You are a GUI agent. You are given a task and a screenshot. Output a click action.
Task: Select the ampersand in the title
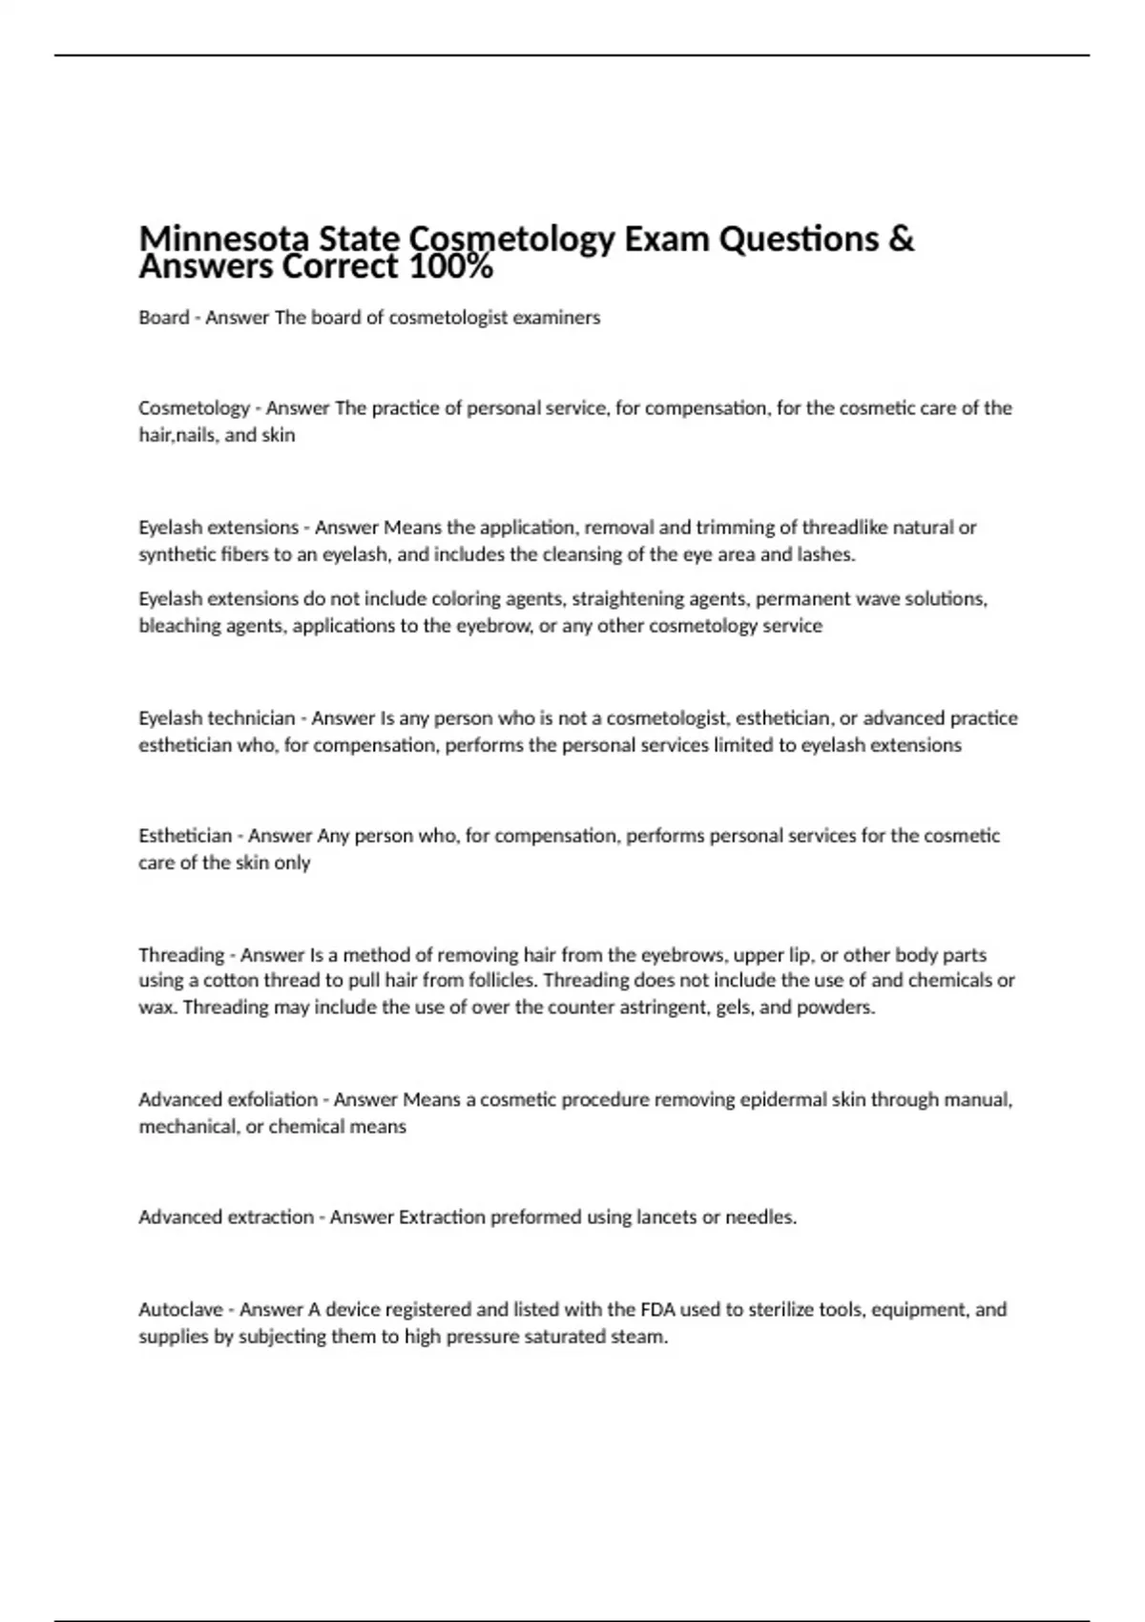pos(900,238)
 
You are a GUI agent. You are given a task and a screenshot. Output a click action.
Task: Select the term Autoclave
pos(180,1310)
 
